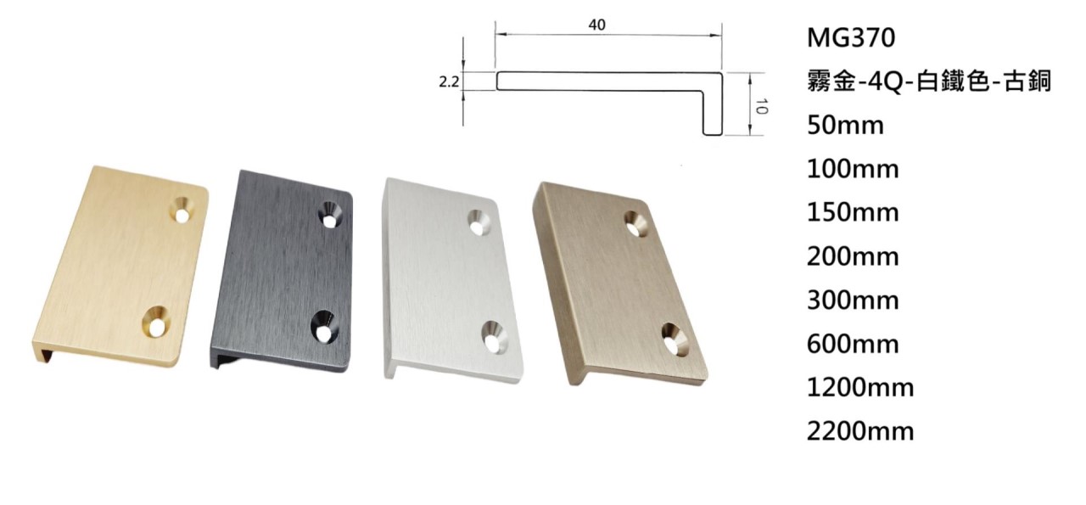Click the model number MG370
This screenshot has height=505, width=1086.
(851, 38)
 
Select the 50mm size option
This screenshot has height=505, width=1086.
(846, 126)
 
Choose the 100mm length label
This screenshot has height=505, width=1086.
(853, 169)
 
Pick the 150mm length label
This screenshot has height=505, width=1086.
(853, 213)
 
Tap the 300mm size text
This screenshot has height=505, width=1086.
(853, 300)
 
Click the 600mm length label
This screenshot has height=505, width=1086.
(853, 345)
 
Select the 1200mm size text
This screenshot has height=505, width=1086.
(860, 388)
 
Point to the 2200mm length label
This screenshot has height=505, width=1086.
(860, 432)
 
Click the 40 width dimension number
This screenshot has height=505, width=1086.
(596, 25)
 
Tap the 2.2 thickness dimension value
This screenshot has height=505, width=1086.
(449, 82)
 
